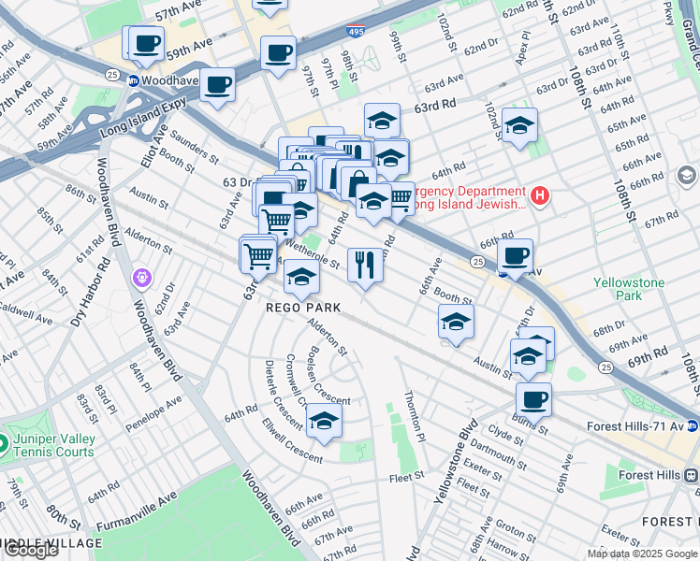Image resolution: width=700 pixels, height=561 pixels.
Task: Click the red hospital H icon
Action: [x=538, y=196]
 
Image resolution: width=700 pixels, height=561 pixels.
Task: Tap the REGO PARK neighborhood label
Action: [x=302, y=307]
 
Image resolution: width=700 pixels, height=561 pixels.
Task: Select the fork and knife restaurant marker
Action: [x=365, y=265]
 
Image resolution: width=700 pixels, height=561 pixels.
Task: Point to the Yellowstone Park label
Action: [x=629, y=289]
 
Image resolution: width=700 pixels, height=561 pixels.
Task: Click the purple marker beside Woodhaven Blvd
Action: [x=142, y=277]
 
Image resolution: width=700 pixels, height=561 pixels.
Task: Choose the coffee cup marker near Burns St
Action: [x=533, y=400]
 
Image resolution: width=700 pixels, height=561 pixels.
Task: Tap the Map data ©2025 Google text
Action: [x=641, y=554]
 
